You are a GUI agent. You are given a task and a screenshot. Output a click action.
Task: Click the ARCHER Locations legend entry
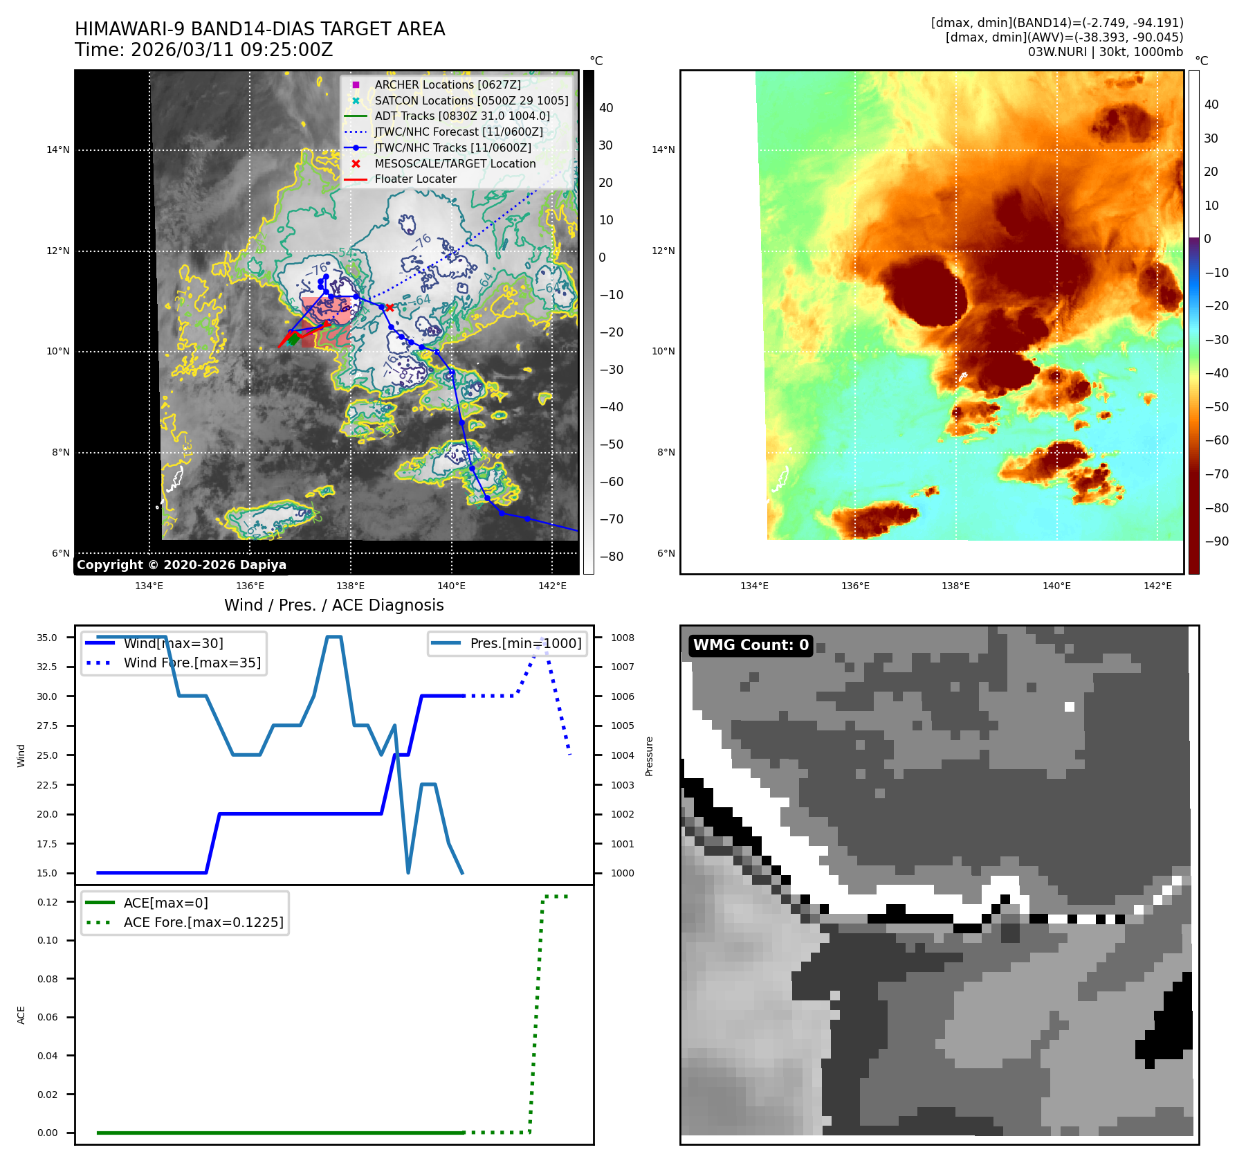tap(447, 84)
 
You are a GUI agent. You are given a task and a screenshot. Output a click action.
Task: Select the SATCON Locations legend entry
tap(470, 100)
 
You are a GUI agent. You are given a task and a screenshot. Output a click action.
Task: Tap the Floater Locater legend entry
tap(415, 179)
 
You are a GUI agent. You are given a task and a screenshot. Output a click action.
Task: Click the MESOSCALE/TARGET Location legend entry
tap(455, 163)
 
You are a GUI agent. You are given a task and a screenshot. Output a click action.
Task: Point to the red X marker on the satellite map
tap(390, 307)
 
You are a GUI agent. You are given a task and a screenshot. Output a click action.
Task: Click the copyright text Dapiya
tap(181, 565)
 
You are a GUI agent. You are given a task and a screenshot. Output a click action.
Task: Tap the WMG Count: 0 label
tap(751, 645)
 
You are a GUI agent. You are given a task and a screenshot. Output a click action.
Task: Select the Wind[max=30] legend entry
tap(173, 643)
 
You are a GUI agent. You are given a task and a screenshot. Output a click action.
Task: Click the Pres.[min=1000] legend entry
tap(525, 643)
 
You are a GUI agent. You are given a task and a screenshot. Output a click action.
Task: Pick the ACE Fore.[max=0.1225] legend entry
tap(203, 922)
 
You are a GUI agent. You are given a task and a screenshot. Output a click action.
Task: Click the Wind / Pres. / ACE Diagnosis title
tap(333, 605)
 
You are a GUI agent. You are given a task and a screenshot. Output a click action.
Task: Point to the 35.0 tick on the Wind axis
tap(47, 638)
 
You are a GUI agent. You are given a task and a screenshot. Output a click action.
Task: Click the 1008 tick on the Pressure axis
tap(623, 638)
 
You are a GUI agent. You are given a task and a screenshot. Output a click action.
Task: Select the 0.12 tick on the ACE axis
tap(47, 902)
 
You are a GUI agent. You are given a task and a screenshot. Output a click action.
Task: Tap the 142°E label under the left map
tap(552, 586)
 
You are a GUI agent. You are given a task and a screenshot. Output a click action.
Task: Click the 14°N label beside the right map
tap(663, 150)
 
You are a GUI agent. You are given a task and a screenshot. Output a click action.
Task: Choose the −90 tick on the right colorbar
tap(1216, 541)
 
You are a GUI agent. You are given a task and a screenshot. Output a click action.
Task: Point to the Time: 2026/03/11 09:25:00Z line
tap(204, 50)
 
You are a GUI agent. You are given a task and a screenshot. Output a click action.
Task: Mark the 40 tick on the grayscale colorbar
tap(606, 108)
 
